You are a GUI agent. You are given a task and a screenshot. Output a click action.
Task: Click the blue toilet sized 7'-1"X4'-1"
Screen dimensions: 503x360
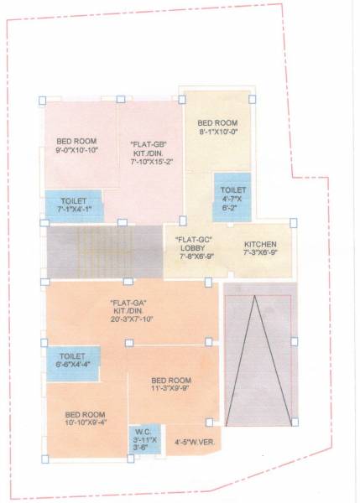[74, 205]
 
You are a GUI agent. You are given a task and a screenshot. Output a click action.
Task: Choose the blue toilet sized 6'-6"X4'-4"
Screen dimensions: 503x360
[73, 361]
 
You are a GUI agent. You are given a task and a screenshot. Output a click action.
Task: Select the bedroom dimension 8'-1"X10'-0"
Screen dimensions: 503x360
[218, 132]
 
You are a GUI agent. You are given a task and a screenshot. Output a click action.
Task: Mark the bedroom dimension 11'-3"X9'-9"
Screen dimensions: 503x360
[172, 386]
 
